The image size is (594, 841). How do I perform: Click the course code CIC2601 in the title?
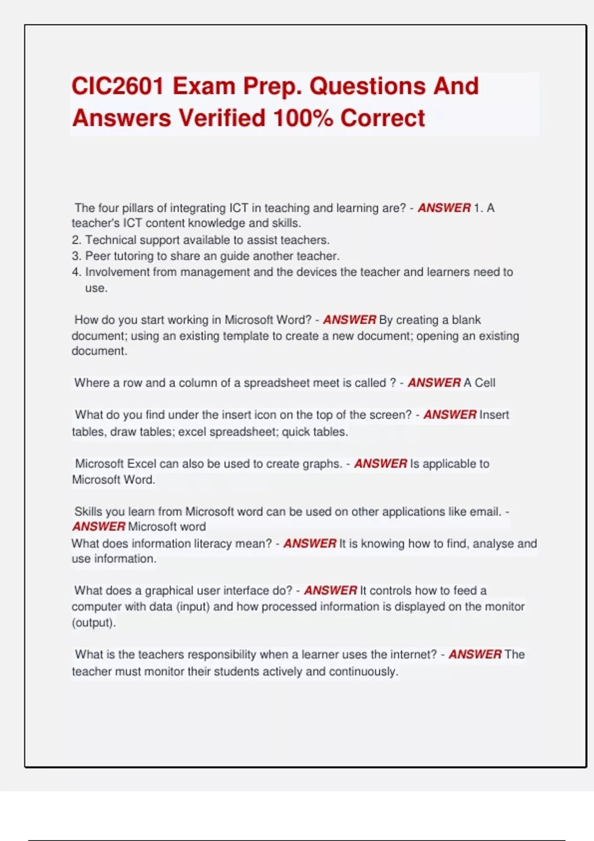118,86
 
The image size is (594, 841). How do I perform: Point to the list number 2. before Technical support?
76,240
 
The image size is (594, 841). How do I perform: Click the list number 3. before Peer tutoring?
76,256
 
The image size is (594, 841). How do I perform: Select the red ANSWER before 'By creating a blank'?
349,320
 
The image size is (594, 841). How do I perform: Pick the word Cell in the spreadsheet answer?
485,382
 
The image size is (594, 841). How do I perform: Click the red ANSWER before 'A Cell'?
434,382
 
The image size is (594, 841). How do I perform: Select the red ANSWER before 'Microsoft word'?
99,526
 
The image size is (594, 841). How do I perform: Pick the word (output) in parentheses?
94,622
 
